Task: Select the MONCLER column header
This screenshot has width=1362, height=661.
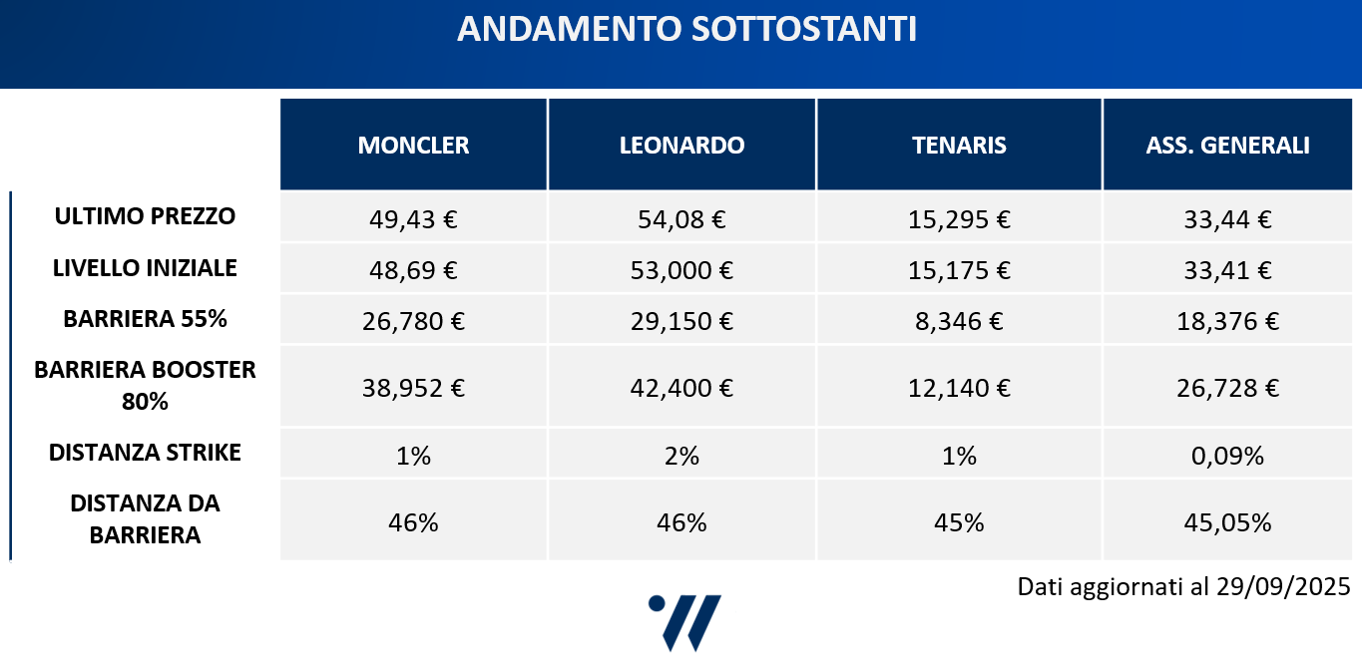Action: click(x=413, y=146)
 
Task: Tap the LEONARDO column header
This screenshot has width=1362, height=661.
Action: click(x=681, y=146)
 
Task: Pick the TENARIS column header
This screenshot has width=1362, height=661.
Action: click(x=959, y=146)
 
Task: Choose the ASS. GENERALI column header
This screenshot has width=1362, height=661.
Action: click(x=1227, y=146)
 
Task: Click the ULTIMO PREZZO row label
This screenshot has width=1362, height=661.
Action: click(x=146, y=216)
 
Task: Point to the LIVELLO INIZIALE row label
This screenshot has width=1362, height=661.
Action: click(x=146, y=268)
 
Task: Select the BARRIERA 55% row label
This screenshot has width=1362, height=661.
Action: click(x=146, y=319)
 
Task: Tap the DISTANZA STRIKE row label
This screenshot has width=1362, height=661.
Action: click(x=146, y=453)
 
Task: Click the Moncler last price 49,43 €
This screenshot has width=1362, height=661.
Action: click(x=413, y=219)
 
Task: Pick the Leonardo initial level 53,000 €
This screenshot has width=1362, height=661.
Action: click(x=681, y=270)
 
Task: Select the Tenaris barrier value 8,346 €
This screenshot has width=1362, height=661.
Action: click(x=959, y=322)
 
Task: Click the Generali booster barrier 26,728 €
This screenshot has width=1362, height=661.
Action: click(x=1229, y=388)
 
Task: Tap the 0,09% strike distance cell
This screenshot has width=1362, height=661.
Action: click(x=1229, y=457)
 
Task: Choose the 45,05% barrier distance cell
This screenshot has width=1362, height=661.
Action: click(x=1229, y=522)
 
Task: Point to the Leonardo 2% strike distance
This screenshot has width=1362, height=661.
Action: click(x=681, y=457)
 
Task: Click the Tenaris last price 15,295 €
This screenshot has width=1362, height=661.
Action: click(x=959, y=219)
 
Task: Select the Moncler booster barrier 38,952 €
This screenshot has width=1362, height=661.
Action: click(x=413, y=388)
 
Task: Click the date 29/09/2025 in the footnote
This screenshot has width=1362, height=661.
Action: click(x=1283, y=586)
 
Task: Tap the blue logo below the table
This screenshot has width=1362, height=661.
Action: click(x=685, y=622)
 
